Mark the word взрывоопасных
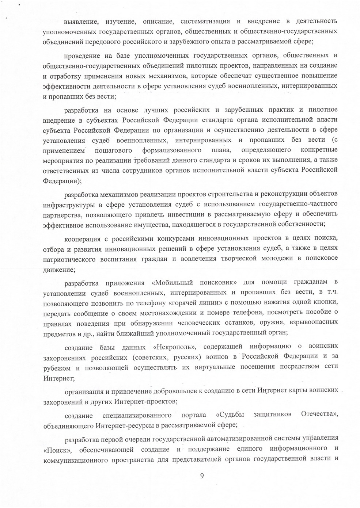point(313,322)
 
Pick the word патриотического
point(69,259)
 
